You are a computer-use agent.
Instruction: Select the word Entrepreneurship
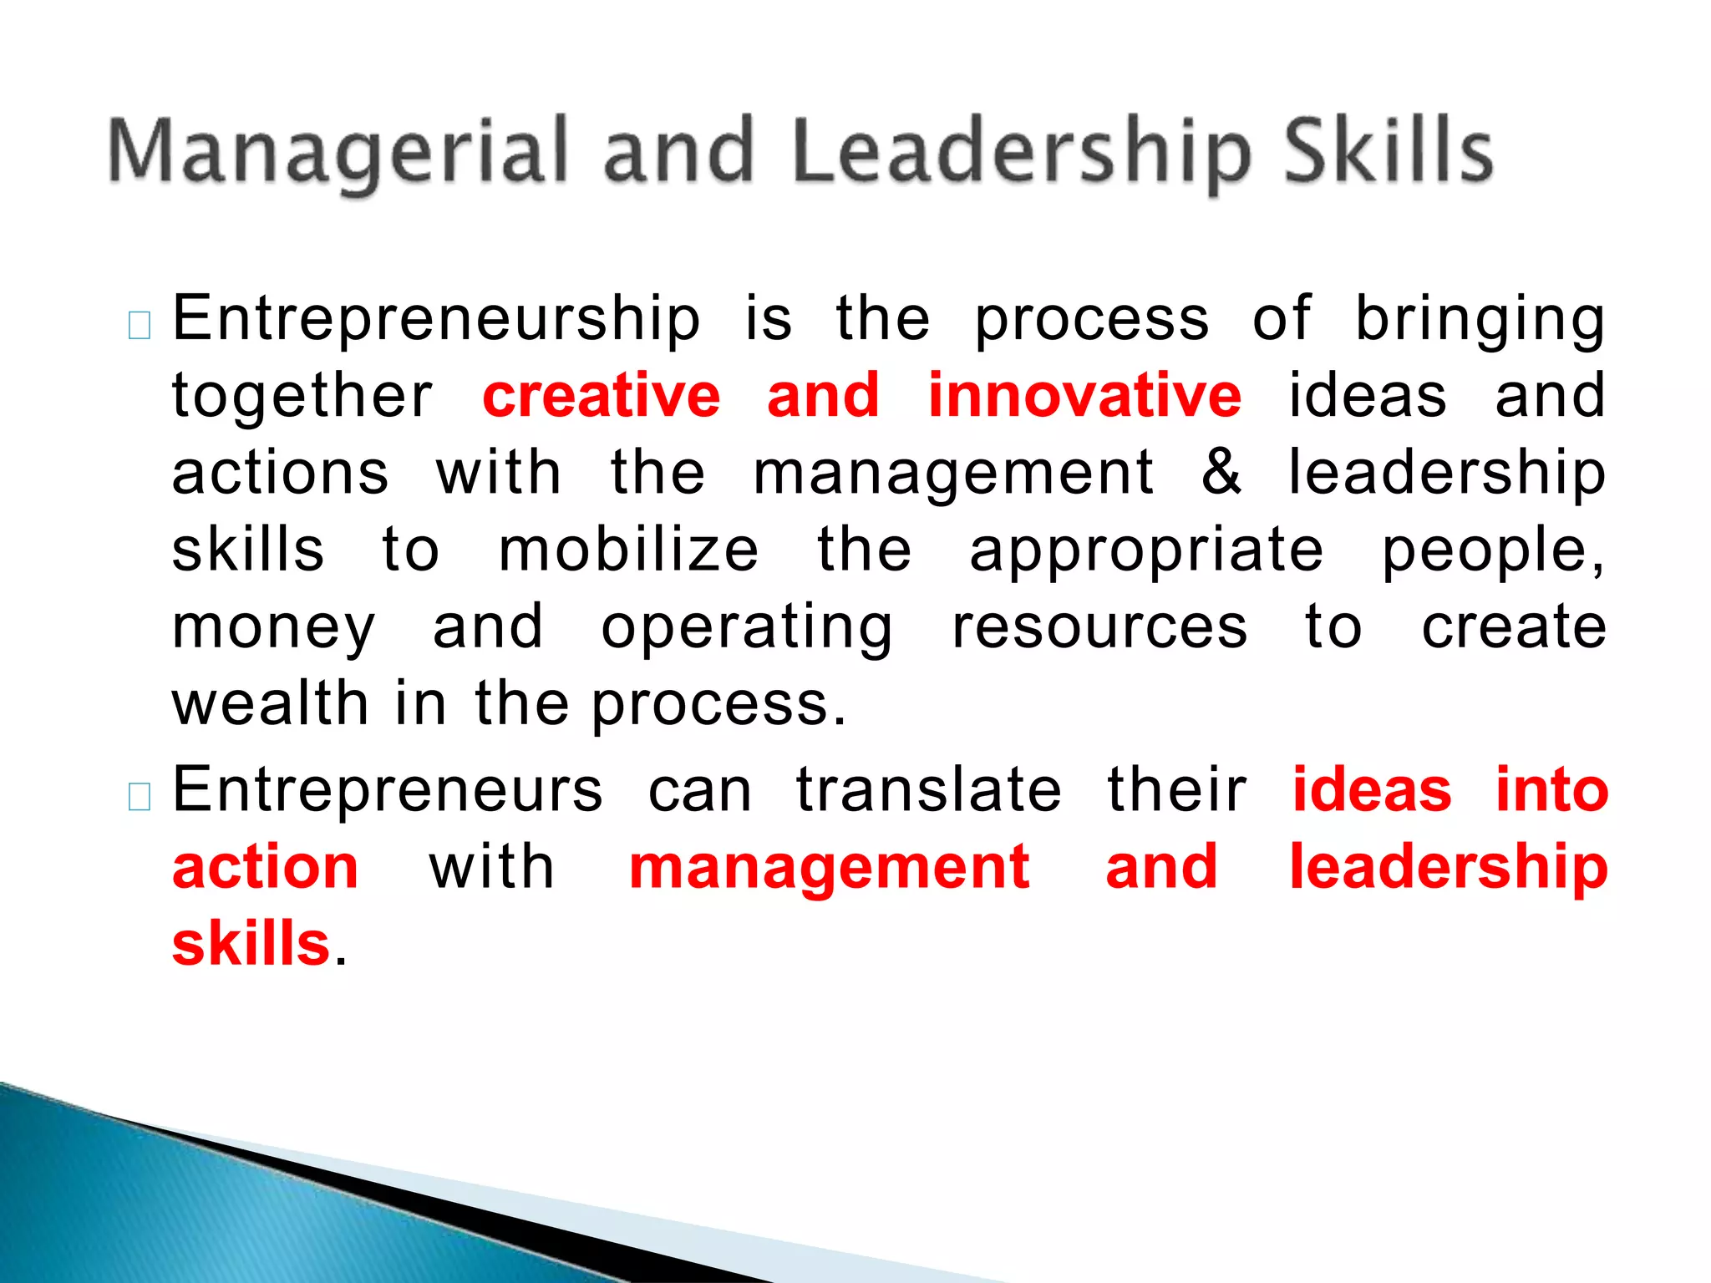click(x=436, y=321)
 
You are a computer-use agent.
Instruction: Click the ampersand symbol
click(x=1221, y=473)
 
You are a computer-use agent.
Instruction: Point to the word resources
click(x=1099, y=628)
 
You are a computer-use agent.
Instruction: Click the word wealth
click(x=270, y=703)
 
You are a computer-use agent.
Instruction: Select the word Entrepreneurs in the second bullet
click(x=387, y=790)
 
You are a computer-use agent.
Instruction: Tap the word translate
click(x=928, y=790)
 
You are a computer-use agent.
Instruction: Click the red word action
click(x=266, y=867)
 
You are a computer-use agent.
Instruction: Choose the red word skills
click(x=251, y=944)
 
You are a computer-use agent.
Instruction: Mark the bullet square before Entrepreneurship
click(x=140, y=326)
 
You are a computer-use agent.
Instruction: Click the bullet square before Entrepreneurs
click(x=140, y=797)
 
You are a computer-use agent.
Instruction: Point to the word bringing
click(x=1479, y=321)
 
